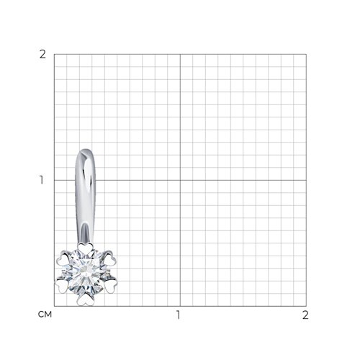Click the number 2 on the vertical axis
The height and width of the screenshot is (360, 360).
pos(42,55)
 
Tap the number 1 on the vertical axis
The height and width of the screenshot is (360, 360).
pos(42,180)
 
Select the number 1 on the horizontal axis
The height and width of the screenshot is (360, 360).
pos(178,315)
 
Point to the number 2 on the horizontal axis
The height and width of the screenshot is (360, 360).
pos(305,315)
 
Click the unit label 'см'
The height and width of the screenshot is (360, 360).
pos(45,314)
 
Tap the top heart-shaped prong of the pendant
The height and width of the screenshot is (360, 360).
pos(85,247)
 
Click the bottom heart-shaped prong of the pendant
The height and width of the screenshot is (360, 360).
pos(85,300)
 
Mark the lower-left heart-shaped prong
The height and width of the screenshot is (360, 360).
pos(62,287)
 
